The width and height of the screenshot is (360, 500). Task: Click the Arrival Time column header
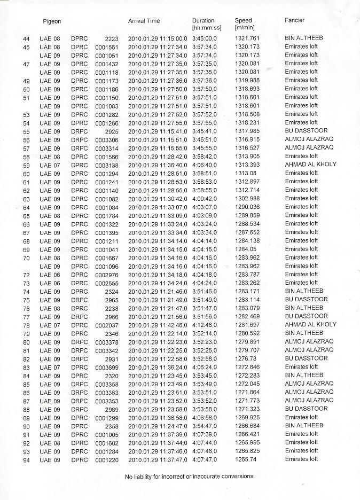(144, 21)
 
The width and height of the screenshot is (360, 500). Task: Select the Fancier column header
(294, 20)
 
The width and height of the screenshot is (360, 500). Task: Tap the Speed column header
(243, 21)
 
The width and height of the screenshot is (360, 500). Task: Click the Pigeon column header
(52, 21)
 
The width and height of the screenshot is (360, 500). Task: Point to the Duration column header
(203, 21)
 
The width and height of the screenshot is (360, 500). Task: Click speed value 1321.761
(247, 38)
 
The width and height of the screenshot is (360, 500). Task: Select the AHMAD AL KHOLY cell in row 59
(311, 165)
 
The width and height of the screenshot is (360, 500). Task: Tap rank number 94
(26, 460)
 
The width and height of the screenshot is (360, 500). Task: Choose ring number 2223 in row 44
(111, 38)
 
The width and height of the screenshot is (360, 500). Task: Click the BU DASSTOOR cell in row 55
(307, 131)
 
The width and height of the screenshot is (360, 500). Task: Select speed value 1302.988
(247, 198)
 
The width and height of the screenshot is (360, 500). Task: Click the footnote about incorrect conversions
(189, 476)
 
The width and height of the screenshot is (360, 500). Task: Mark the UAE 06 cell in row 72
(50, 274)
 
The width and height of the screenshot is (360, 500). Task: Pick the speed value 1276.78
(245, 358)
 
